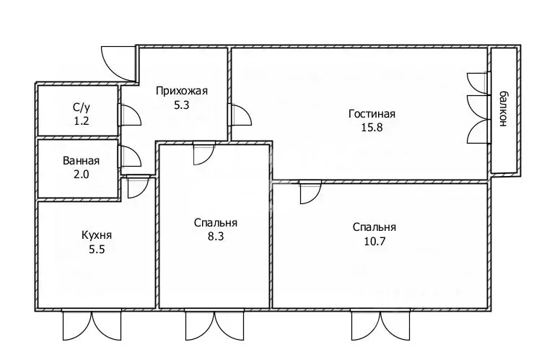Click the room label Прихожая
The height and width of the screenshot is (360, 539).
[182, 91]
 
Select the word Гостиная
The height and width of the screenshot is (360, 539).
[372, 114]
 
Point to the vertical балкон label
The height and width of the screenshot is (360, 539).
[503, 110]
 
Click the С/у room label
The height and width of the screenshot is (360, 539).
[81, 107]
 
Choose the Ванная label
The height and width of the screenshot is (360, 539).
[81, 161]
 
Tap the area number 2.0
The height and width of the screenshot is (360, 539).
[81, 174]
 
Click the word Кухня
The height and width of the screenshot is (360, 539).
[96, 235]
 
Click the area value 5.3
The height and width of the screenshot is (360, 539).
[182, 104]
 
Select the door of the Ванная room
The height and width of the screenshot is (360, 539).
[131, 157]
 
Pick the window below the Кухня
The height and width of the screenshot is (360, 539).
[91, 325]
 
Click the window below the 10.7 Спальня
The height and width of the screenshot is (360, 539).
[380, 325]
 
